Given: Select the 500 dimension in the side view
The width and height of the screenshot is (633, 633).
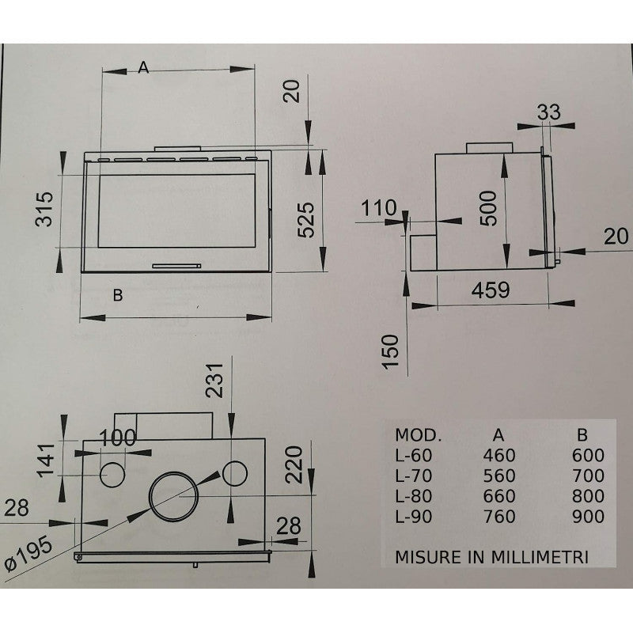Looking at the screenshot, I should pos(490,208).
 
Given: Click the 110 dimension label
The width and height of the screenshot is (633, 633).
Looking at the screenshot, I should pos(378,210).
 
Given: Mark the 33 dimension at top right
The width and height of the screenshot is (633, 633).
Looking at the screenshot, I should pos(548,112).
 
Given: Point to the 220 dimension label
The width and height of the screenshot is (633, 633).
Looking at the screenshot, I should pos(294,464).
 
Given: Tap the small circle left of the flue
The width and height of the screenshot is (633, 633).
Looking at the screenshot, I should pos(112,474).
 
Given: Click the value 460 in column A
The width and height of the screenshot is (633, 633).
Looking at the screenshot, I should pos(498,455).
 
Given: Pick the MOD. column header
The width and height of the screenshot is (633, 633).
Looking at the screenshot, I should pos(418,435).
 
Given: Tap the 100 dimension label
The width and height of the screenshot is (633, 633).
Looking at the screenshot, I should pos(117,438).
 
